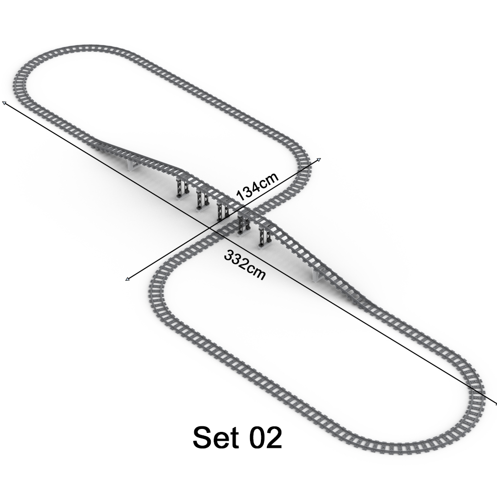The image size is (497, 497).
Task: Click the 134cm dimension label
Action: [257, 185]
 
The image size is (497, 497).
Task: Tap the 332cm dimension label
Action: [245, 265]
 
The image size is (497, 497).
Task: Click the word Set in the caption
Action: [215, 438]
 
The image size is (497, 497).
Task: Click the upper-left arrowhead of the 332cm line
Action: [4, 103]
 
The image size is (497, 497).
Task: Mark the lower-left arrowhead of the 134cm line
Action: [128, 279]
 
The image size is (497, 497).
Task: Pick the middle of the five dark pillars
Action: [221, 211]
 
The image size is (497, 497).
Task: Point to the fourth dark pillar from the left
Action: [243, 224]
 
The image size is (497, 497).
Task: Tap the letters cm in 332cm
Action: [256, 272]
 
